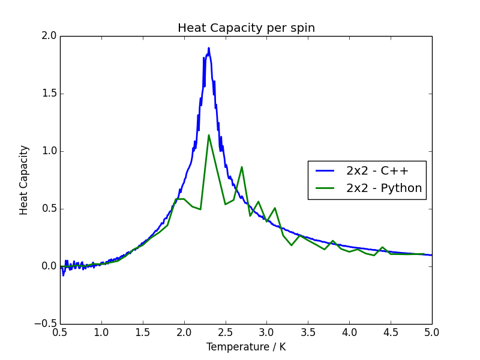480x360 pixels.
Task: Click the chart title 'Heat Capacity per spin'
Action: click(246, 28)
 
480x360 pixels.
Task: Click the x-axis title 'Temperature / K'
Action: click(246, 347)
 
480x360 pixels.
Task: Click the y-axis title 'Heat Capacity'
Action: click(24, 180)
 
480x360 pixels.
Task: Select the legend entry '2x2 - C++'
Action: click(377, 170)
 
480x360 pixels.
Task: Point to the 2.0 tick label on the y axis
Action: click(49, 36)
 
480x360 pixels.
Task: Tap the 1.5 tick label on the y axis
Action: click(49, 94)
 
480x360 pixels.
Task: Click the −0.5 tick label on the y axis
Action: click(46, 324)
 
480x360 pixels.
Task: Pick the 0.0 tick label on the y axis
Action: click(49, 266)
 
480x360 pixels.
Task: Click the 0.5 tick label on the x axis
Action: click(60, 332)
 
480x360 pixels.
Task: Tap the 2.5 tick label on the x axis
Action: click(225, 332)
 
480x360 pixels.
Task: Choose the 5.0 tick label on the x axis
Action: click(431, 332)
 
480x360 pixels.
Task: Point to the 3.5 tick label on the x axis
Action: click(308, 332)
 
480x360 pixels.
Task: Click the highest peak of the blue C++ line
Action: click(209, 48)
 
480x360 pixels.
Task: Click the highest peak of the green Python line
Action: click(209, 135)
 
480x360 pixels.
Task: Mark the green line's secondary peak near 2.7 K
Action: click(242, 167)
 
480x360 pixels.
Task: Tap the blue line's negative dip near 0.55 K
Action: click(64, 275)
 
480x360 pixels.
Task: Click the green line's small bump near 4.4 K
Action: click(382, 247)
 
